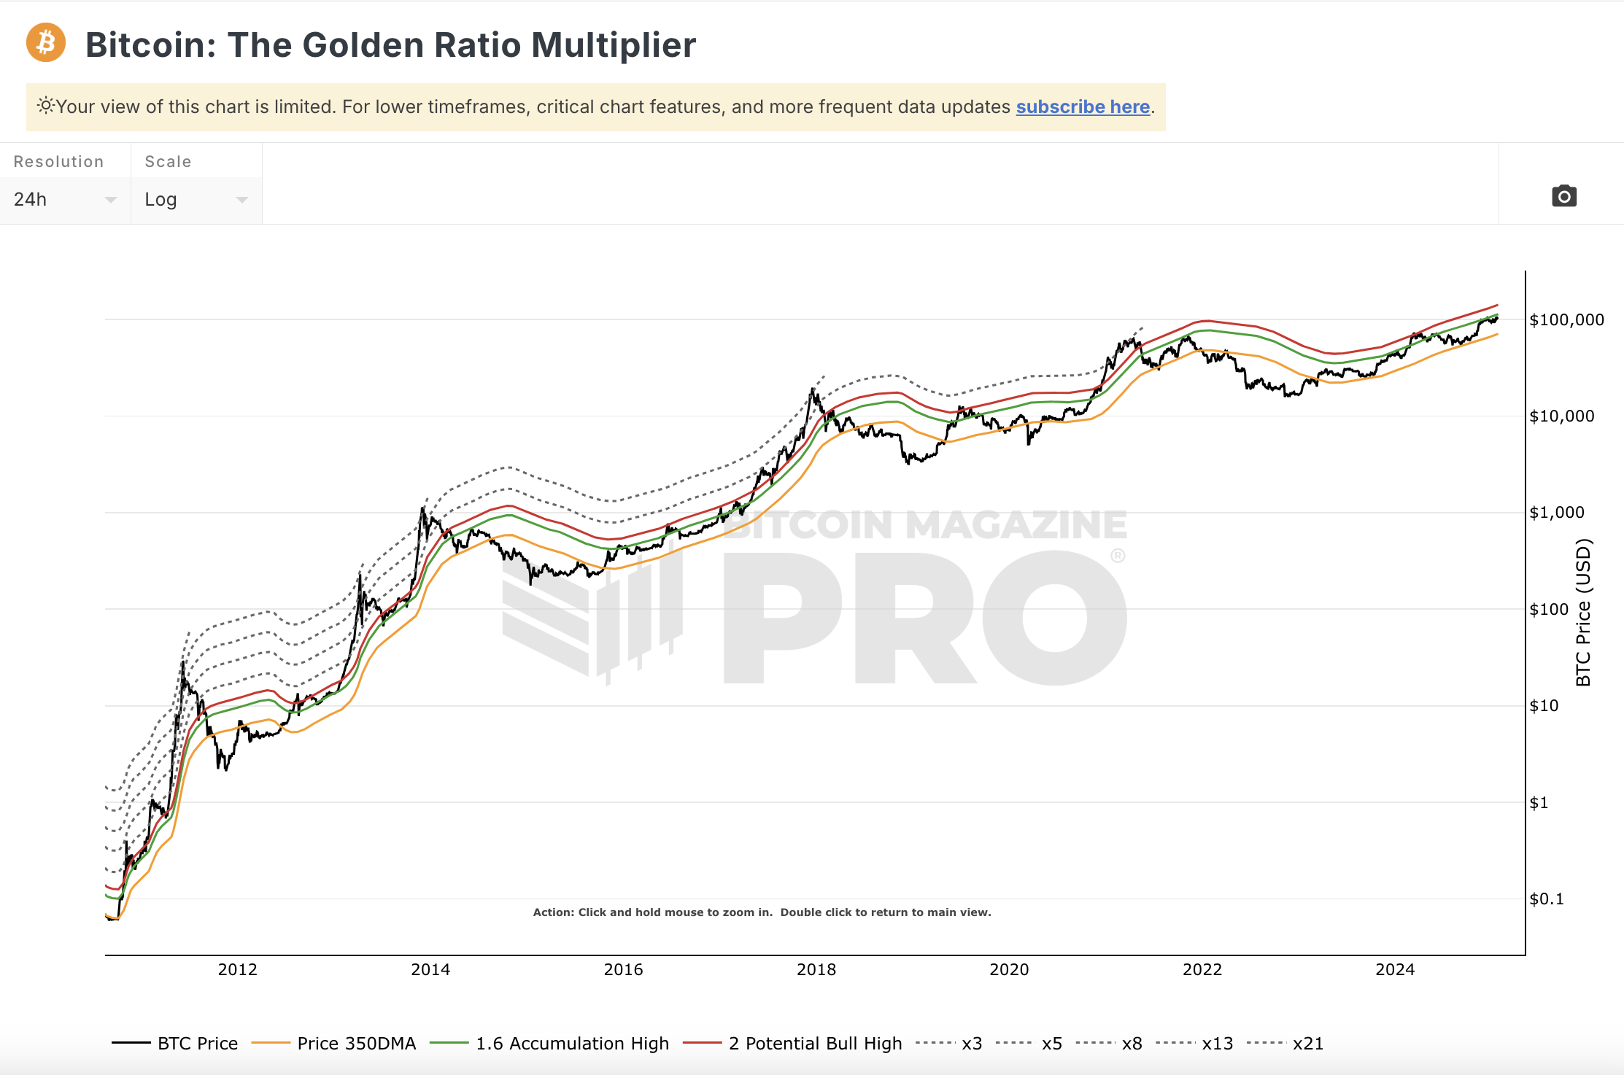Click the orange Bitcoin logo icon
click(46, 43)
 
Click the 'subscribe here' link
click(1083, 107)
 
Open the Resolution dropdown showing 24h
click(65, 199)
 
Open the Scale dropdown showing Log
click(196, 199)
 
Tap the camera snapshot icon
click(1563, 196)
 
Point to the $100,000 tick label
click(1566, 319)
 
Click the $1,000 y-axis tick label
click(1556, 513)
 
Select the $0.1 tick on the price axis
click(1547, 899)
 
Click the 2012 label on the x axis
click(238, 969)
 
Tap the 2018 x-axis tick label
click(816, 969)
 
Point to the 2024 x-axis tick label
click(1395, 969)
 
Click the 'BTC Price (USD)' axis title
click(1582, 613)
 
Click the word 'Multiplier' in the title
click(614, 45)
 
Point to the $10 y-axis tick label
click(1544, 706)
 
